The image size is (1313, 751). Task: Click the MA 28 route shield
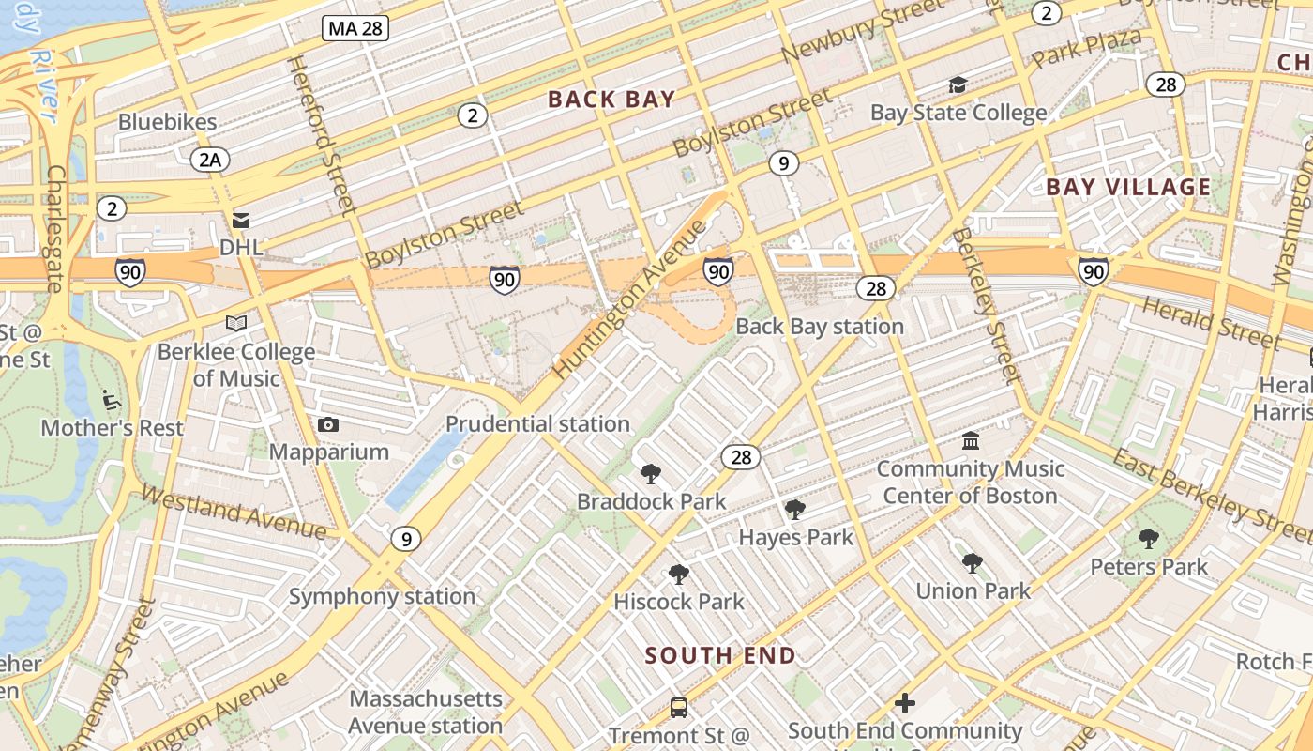(355, 28)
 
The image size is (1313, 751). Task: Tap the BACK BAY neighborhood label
(611, 99)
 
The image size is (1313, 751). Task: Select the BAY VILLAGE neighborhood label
(1128, 187)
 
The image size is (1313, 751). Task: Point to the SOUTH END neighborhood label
(720, 655)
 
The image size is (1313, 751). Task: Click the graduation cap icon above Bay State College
(958, 85)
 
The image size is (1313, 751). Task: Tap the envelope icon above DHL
(241, 221)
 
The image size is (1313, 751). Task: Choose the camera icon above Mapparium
(327, 425)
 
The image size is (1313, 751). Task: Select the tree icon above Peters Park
(1148, 539)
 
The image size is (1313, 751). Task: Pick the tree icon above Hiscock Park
(678, 574)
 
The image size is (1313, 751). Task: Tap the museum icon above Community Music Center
(971, 440)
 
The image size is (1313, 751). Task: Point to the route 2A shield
(209, 160)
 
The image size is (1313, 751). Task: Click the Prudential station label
(537, 424)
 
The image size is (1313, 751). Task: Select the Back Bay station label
(820, 327)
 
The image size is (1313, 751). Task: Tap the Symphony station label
(382, 597)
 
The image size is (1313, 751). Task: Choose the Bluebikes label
(168, 122)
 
